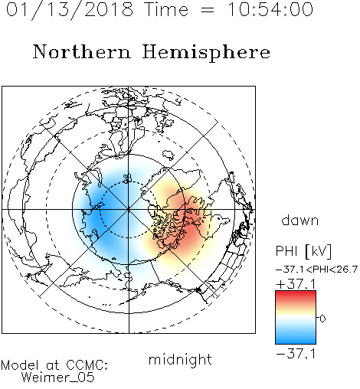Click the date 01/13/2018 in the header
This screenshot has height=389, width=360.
point(70,10)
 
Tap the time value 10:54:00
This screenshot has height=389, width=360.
point(270,9)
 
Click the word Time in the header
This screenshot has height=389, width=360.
point(166,9)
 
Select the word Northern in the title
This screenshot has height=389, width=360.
point(82,51)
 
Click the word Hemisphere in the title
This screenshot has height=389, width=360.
point(206,53)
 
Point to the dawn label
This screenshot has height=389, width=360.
point(300,220)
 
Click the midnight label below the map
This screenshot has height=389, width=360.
point(180,359)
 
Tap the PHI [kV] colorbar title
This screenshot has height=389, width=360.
point(304,251)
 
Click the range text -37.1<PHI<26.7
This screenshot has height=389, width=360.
point(316,270)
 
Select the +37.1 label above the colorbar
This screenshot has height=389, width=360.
point(296,284)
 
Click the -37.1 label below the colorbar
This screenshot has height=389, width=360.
point(296,354)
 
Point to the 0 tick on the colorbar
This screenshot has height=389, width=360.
point(322,319)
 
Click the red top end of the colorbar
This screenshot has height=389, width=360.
point(296,293)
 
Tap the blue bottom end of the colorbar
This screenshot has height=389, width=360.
point(296,342)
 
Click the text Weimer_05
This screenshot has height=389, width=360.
point(58,378)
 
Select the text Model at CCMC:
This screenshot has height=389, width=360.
point(54,365)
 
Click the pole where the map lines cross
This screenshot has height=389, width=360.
point(129,210)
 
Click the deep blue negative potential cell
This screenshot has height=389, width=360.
point(98,218)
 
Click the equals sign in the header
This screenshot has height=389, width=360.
point(208,10)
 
